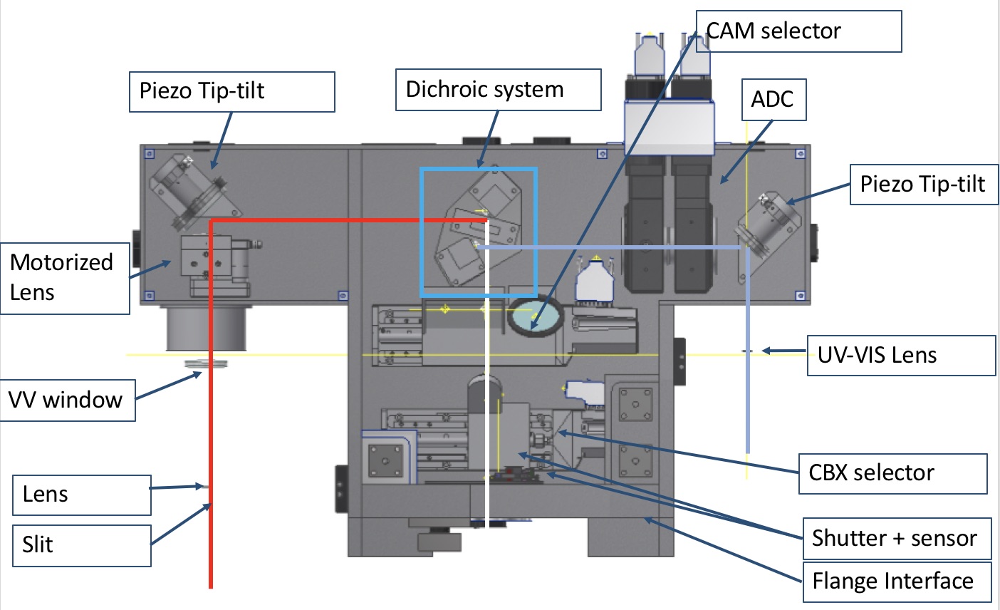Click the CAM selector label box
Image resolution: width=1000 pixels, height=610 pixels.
point(798,31)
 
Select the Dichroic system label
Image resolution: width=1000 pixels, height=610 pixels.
point(498,90)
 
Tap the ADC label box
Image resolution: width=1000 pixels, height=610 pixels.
point(774,100)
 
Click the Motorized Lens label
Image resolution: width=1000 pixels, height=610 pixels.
point(65,279)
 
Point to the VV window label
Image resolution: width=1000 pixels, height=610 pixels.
point(68,400)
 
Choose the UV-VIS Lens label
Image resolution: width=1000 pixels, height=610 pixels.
point(901,356)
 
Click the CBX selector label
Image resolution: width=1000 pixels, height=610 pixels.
point(893,474)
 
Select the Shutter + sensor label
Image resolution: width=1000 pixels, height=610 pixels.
point(897,539)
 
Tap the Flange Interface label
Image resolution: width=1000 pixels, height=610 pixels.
point(897,581)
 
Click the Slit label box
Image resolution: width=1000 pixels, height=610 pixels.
point(82,546)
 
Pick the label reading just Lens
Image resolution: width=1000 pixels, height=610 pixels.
point(82,495)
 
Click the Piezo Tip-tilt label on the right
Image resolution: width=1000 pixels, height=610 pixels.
point(924,185)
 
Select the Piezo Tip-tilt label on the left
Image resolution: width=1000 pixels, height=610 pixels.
point(232,91)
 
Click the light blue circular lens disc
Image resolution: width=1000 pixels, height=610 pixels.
point(535,314)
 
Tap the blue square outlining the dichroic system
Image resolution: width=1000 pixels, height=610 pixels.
point(478,232)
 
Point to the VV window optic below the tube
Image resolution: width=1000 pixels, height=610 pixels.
point(206,364)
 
